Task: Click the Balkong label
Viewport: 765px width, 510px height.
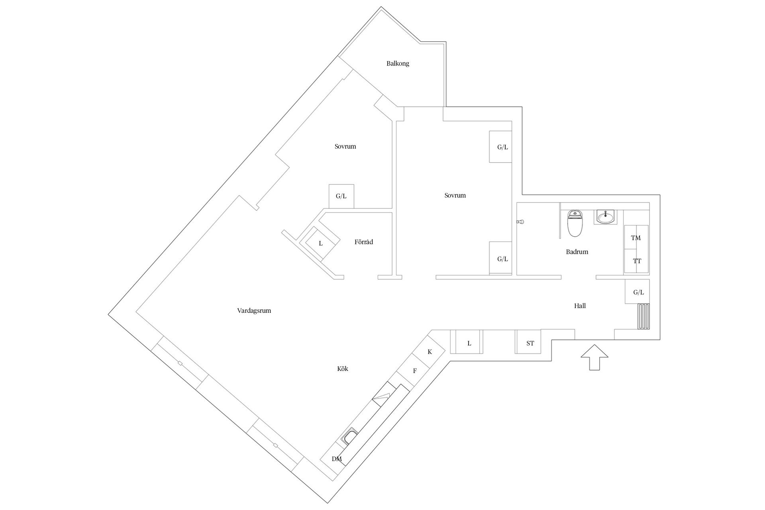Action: point(398,63)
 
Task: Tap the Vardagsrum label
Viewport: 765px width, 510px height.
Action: point(254,311)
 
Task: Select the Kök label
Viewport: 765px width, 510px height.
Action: point(343,369)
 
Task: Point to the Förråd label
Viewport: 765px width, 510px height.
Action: point(364,242)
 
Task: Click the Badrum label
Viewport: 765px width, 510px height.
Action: point(577,252)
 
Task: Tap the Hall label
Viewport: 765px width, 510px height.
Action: point(580,306)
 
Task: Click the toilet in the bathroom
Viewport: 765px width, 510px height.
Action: point(575,223)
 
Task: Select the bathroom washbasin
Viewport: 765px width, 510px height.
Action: point(605,217)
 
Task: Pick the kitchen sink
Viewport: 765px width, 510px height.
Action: point(350,436)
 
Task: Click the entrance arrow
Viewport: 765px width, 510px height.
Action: point(594,357)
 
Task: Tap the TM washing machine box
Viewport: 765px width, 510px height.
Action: point(636,237)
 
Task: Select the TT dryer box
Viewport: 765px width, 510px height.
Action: point(636,261)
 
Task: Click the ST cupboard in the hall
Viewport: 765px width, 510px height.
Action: point(528,342)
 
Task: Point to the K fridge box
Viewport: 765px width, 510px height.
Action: point(429,352)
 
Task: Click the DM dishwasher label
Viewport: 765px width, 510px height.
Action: point(337,459)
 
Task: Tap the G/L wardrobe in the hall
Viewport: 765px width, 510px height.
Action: point(637,292)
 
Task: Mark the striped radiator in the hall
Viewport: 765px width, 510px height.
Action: point(643,317)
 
